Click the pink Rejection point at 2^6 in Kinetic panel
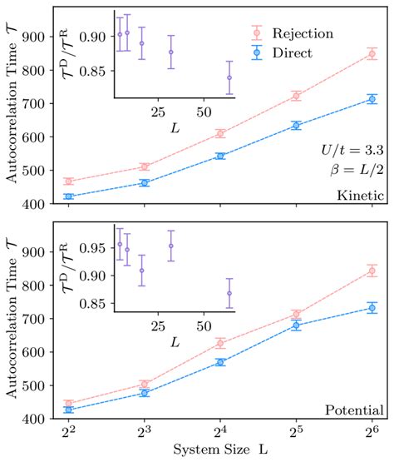[x=372, y=54]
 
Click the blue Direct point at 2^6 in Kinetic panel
[x=372, y=99]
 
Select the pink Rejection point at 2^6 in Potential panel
[x=372, y=271]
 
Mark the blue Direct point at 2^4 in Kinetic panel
[x=220, y=156]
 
